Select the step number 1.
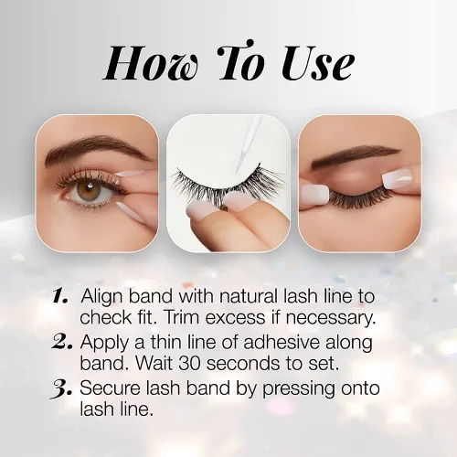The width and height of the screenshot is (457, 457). click(60, 296)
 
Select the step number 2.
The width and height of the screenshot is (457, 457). click(62, 343)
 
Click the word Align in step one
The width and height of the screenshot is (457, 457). click(102, 297)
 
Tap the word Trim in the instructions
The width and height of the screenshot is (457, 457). click(183, 317)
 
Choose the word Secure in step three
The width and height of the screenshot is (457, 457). click(111, 388)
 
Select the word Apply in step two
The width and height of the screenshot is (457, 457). click(105, 344)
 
